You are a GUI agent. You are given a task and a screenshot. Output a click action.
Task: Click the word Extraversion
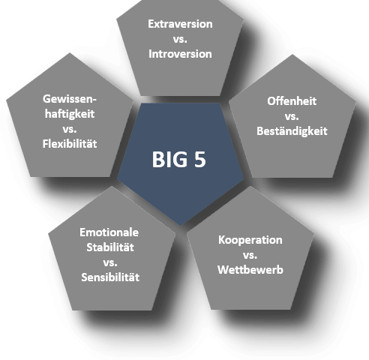[x=180, y=24]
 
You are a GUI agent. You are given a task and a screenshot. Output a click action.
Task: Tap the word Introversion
[x=180, y=54]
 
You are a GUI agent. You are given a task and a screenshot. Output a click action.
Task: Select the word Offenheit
[x=292, y=101]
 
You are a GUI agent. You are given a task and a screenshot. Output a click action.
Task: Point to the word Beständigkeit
[x=292, y=131]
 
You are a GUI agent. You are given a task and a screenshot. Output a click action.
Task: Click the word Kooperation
[x=250, y=240]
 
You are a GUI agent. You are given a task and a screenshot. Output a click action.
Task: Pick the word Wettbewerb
[x=250, y=270]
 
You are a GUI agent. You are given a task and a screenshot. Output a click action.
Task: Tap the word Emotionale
[x=109, y=232]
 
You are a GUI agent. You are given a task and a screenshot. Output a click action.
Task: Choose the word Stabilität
[x=110, y=247]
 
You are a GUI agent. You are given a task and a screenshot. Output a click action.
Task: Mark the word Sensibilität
[x=110, y=277]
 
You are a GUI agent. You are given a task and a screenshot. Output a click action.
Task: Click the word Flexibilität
[x=70, y=144]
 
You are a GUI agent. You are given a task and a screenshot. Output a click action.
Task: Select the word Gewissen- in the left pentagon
[x=70, y=99]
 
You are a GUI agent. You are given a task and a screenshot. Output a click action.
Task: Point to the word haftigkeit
[x=70, y=114]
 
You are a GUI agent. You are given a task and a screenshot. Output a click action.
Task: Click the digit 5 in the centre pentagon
[x=200, y=159]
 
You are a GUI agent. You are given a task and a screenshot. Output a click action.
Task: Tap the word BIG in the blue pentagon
[x=169, y=159]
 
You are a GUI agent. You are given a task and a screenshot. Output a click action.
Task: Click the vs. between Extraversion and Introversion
[x=180, y=40]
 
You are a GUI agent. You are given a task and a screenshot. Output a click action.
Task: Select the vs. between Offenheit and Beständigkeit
[x=292, y=117]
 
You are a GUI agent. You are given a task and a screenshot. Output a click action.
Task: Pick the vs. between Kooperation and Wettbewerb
[x=250, y=256]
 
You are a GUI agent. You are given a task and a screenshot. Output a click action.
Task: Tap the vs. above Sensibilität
[x=110, y=263]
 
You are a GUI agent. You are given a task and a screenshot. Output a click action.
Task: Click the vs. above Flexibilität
[x=70, y=130]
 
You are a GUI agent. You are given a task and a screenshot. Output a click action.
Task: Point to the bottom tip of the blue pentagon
[x=181, y=226]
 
